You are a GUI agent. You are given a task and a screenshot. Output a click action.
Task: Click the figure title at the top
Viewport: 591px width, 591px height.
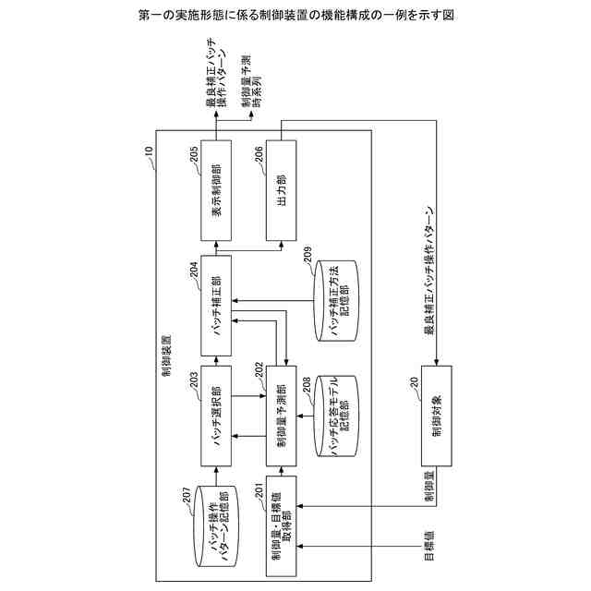(x=295, y=17)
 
